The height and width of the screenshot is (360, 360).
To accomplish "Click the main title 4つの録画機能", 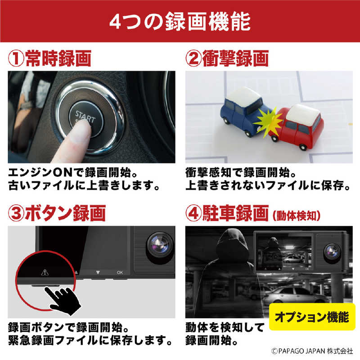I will pos(180,21).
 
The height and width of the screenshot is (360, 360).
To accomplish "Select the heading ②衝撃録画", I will pos(227,58).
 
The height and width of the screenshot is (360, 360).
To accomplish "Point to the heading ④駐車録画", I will pos(227,212).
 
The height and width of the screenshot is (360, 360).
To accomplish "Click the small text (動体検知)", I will pos(297,215).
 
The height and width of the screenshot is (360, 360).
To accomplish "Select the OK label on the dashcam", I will pos(119,272).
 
